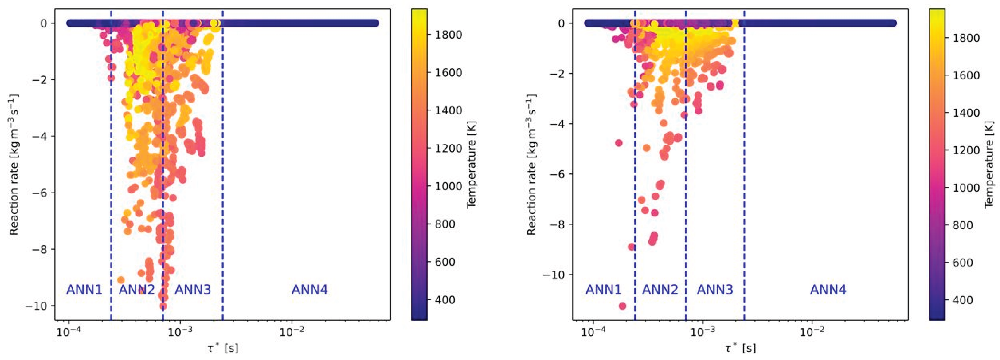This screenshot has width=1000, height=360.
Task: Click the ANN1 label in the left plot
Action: (84, 290)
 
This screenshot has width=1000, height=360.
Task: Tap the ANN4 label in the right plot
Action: (828, 290)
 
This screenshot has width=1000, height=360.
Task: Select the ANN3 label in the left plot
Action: (193, 290)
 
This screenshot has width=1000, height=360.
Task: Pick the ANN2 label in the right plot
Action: (660, 290)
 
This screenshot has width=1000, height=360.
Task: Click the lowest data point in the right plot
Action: (622, 306)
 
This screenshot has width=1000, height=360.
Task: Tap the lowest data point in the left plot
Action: (163, 306)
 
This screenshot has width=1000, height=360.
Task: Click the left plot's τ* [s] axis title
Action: (223, 348)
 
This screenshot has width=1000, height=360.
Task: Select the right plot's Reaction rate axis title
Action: (531, 165)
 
